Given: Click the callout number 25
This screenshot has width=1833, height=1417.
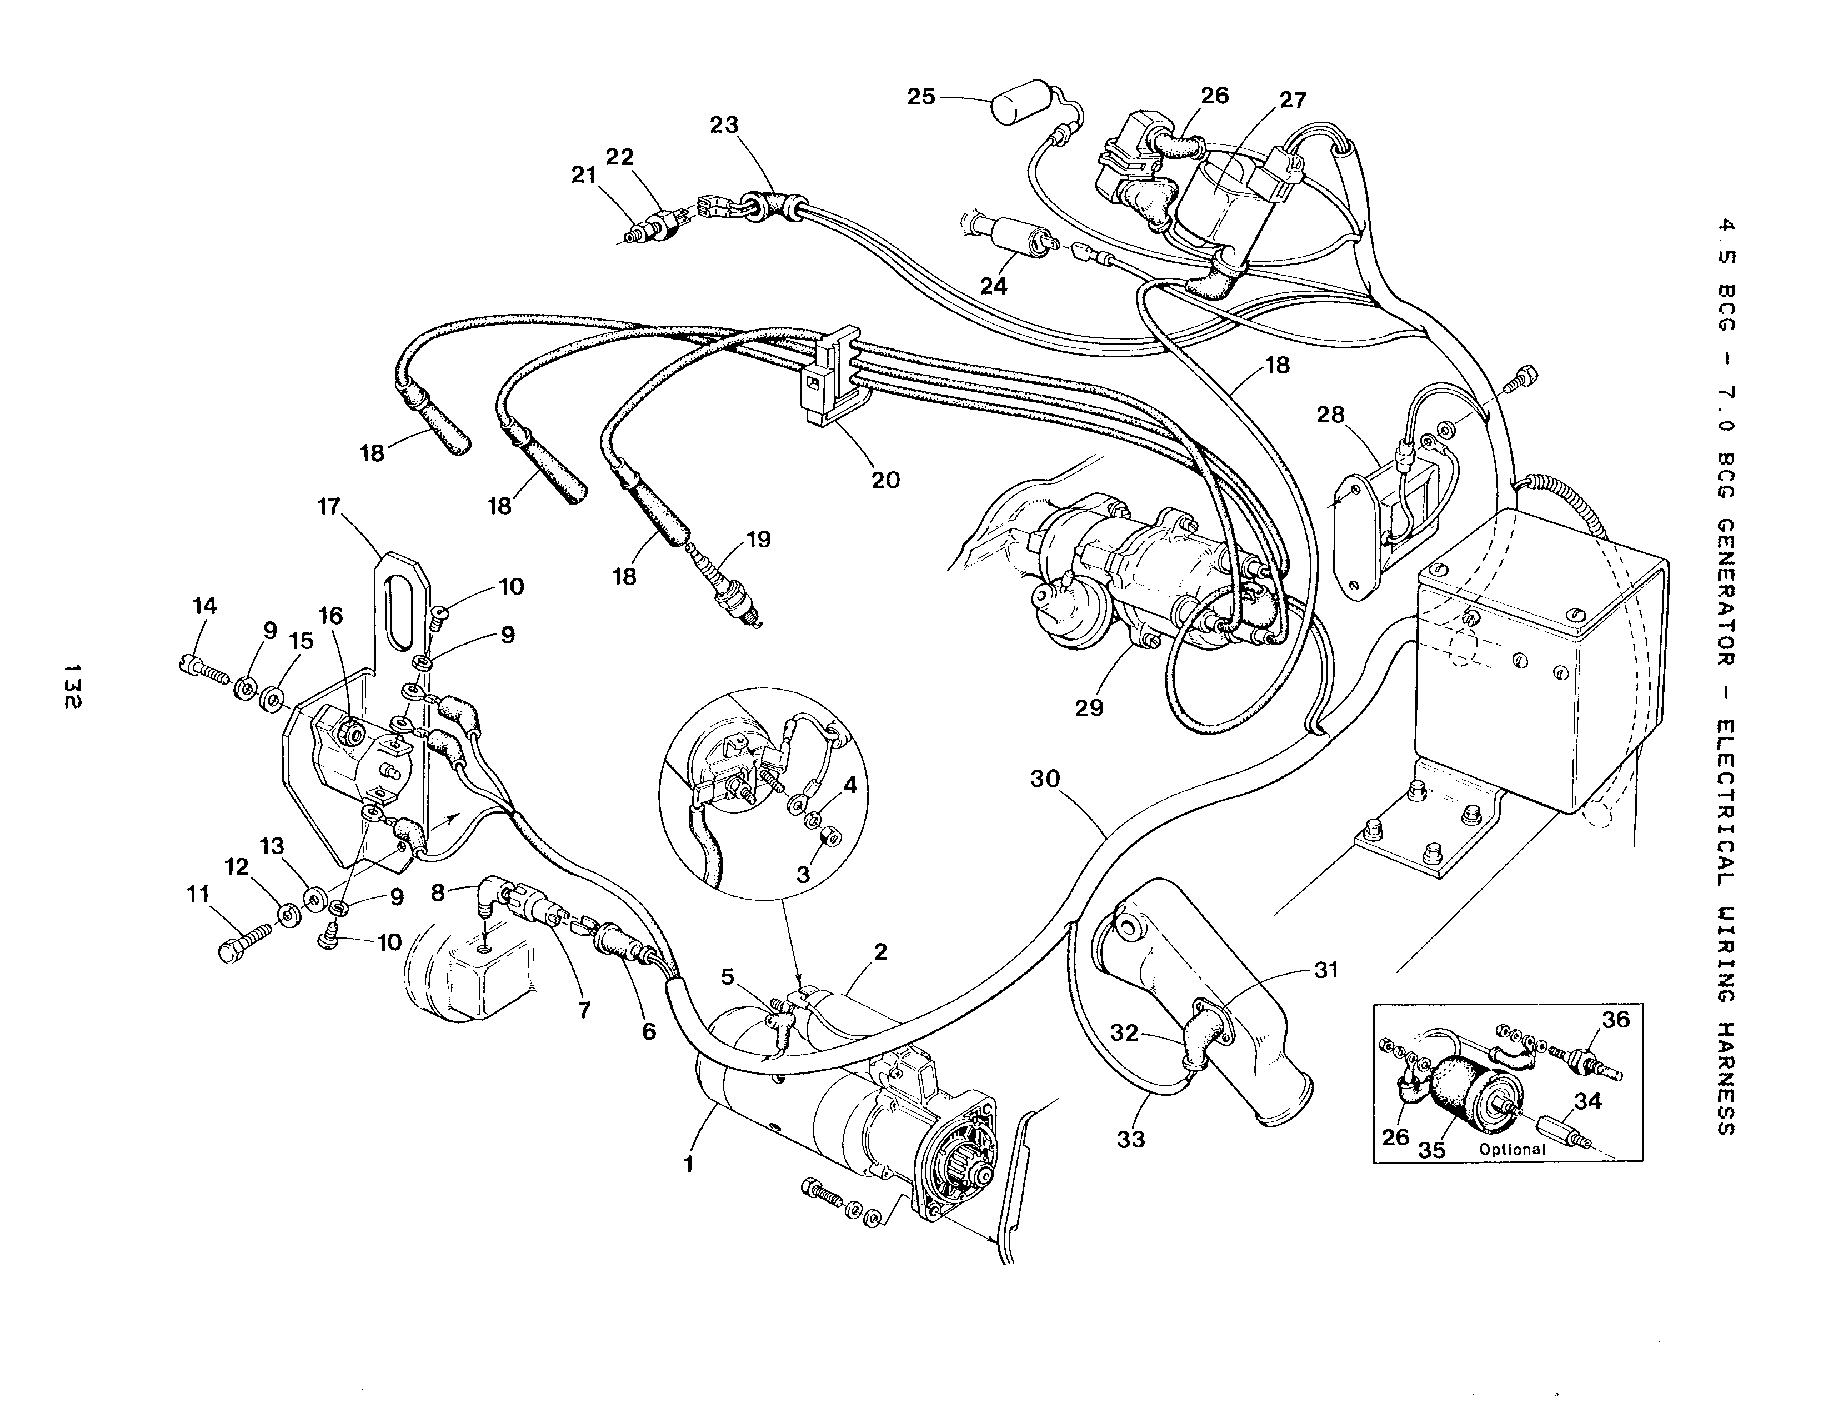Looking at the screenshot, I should click(x=921, y=97).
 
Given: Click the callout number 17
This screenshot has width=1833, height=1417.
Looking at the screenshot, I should click(x=329, y=507).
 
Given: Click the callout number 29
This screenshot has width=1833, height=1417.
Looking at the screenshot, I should click(x=1089, y=707).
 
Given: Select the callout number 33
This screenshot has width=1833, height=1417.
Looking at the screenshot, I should click(x=1131, y=1139).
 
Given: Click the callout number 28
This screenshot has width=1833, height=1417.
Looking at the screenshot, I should click(x=1331, y=414).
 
